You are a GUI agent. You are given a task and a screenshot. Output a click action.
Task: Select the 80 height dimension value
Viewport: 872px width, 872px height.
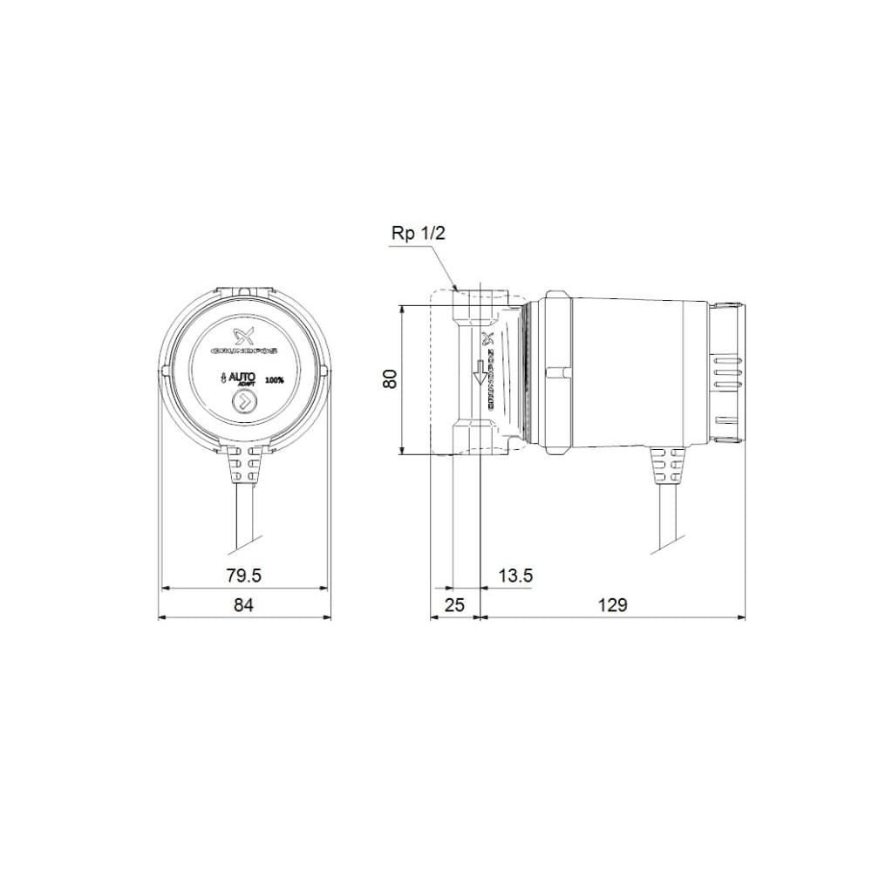[x=391, y=378]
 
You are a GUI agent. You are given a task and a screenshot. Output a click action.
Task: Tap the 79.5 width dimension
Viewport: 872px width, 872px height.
[x=243, y=576]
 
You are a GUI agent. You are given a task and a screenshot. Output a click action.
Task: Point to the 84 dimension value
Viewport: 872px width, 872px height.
[x=243, y=605]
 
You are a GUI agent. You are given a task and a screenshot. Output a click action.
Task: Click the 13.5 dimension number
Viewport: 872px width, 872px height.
[x=515, y=576]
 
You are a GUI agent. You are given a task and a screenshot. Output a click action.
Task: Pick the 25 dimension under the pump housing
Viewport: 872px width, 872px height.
[x=453, y=605]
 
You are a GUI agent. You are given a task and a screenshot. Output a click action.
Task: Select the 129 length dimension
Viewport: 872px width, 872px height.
[x=613, y=605]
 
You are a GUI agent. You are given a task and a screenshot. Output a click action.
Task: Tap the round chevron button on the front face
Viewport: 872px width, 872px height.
[x=243, y=403]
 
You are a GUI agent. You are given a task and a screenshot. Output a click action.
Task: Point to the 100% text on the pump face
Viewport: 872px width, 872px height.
[x=275, y=380]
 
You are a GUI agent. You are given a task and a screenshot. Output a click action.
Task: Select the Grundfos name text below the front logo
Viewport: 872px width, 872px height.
[x=243, y=351]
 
